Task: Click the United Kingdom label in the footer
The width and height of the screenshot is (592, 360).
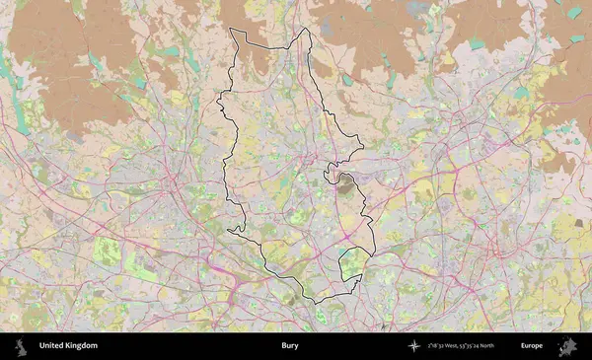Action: coord(68,346)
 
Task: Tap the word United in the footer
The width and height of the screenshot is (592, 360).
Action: coord(53,346)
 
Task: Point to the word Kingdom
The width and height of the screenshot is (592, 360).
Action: coord(83,346)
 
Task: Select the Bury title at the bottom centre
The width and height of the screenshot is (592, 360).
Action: coord(289,346)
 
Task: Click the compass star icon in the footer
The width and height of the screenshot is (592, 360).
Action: coord(413,346)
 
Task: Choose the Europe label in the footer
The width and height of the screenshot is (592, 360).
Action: coord(532,346)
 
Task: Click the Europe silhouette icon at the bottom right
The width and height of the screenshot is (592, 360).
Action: coord(567,346)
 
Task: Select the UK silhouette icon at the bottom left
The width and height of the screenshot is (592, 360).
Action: coord(20,346)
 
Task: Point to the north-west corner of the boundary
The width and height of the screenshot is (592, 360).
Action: coord(231,31)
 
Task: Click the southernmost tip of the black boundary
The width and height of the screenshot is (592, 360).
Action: coord(314,301)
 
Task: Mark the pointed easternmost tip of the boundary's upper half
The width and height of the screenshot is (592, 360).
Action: coord(363,148)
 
